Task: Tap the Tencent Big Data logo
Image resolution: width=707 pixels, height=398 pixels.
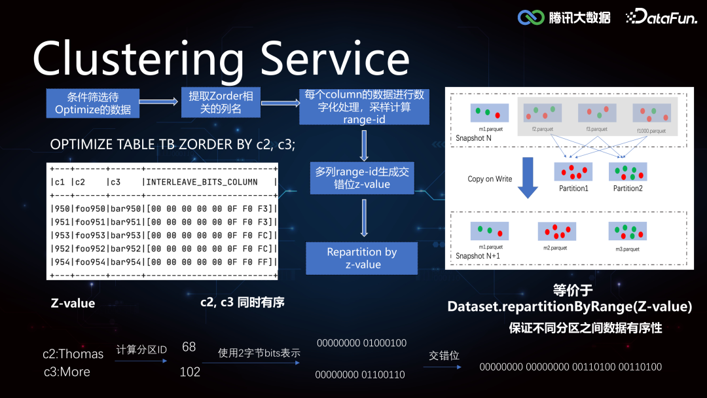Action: tap(564, 17)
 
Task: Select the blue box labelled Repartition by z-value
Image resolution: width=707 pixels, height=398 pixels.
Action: tap(362, 258)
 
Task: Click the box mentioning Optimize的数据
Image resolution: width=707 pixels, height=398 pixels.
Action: tap(92, 103)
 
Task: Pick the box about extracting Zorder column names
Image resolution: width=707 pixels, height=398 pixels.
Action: tap(220, 103)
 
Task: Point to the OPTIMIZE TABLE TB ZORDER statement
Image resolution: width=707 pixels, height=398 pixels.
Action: tap(172, 145)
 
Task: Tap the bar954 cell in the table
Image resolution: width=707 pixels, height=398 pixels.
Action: tap(124, 262)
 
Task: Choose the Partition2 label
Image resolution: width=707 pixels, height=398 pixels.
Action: tap(627, 189)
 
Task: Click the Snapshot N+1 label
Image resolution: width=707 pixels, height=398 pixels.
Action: tap(478, 256)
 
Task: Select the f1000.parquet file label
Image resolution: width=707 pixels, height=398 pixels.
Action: tap(651, 131)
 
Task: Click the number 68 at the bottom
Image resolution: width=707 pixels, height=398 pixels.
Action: tap(189, 347)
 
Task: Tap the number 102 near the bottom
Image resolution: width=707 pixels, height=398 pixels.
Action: tap(189, 372)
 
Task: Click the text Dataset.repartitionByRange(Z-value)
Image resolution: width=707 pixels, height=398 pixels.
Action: tap(569, 306)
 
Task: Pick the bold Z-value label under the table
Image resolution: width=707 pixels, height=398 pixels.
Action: tap(73, 303)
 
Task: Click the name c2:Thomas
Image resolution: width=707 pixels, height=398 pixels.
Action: tap(73, 353)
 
